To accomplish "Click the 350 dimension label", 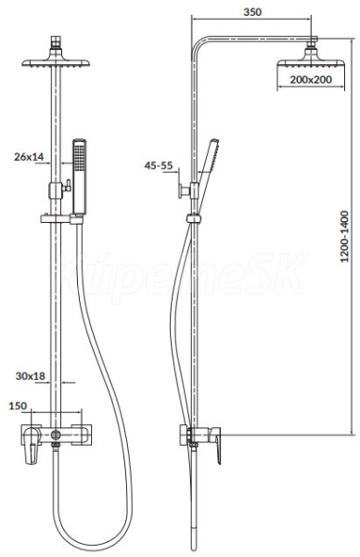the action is [x=252, y=12].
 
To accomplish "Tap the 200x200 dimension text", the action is [x=311, y=80].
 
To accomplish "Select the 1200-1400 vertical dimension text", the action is [x=344, y=236].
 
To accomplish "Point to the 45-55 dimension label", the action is [x=159, y=165].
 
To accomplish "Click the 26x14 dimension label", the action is [x=29, y=156].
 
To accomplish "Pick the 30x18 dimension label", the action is [x=31, y=376].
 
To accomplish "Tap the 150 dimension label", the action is [x=18, y=406].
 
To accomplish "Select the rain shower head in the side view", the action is [x=310, y=61].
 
